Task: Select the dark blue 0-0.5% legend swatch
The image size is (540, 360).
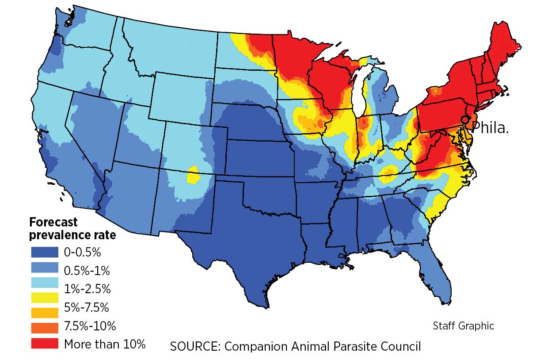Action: (44, 252)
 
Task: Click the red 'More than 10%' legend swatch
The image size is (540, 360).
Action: (44, 343)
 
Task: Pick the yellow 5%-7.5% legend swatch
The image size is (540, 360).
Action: (44, 298)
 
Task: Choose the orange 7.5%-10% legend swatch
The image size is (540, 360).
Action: (44, 328)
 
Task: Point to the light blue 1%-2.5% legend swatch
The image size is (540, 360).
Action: (44, 282)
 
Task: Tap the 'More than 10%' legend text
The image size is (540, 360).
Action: (105, 344)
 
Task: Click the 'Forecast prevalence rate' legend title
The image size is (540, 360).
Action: (72, 229)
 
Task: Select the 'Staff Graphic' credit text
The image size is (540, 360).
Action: (463, 326)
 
